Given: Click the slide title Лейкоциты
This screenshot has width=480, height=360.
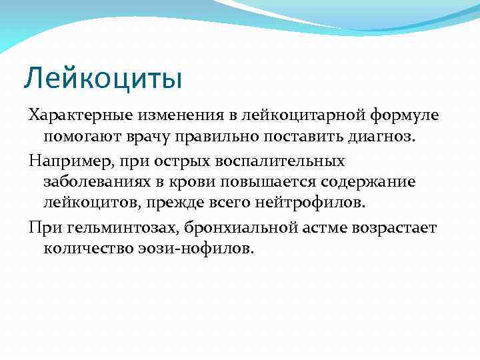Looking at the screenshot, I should coord(103,78).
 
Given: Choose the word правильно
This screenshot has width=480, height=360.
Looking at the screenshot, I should coord(223,137).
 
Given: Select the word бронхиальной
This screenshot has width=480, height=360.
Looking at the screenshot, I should coord(233,227).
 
